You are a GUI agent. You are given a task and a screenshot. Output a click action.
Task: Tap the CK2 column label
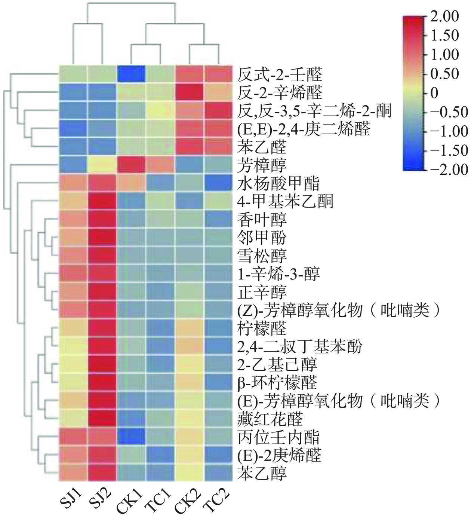[188, 499]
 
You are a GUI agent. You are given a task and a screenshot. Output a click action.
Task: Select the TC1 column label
[159, 499]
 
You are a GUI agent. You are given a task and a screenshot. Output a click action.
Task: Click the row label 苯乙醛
[262, 147]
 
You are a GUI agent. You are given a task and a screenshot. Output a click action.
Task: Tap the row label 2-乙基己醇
[277, 364]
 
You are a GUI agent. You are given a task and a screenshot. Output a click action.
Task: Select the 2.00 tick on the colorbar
[444, 17]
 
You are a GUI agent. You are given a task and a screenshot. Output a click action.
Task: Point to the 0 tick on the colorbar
[434, 93]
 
